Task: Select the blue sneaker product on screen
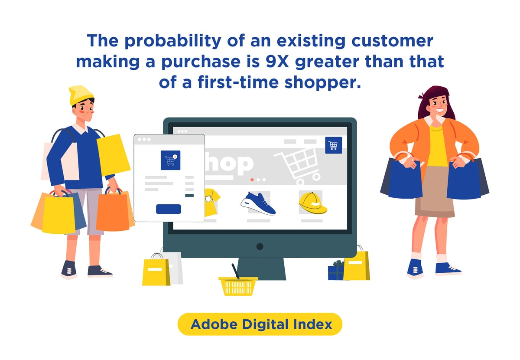[x=258, y=204]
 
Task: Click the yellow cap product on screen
[x=312, y=203]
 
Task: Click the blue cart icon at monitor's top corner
[x=333, y=145]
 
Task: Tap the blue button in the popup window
[x=169, y=209]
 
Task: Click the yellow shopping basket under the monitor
[x=238, y=286]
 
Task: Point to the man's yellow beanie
[x=81, y=95]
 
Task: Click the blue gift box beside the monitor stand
[x=335, y=271]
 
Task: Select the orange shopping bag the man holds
[x=113, y=212]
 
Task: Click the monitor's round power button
[x=260, y=246]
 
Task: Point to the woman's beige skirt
[x=434, y=193]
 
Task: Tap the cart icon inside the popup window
[x=169, y=160]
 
